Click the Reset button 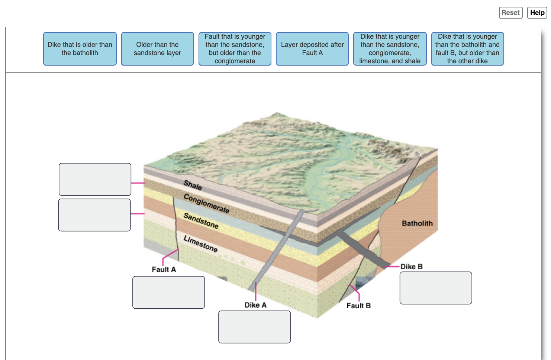510,13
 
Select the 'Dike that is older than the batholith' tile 80,49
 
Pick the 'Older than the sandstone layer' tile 157,49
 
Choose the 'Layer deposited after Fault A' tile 312,49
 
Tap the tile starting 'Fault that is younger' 235,49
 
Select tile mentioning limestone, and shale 390,49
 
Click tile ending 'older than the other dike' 467,49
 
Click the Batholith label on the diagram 417,224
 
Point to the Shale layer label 193,185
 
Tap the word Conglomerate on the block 206,203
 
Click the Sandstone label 201,221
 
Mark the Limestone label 200,244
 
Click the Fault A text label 164,269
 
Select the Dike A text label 255,305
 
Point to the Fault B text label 358,306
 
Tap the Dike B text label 411,267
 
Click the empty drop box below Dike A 254,327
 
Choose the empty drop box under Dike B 436,288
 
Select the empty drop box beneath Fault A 168,292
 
